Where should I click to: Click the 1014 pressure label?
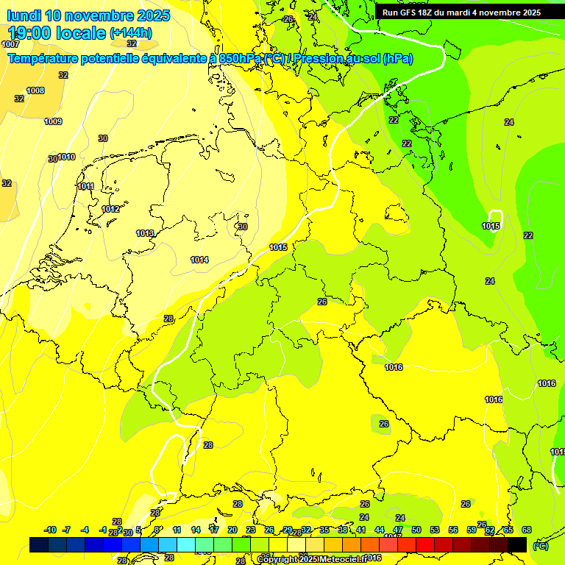coord(199,260)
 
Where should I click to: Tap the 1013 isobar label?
coord(145,233)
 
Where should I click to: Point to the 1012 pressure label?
coord(110,209)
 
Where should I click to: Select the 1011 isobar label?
coord(85,186)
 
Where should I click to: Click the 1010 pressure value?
coord(66,157)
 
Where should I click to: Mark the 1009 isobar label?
coord(53,121)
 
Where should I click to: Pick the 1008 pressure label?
coord(35,90)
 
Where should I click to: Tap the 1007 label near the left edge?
coord(10,44)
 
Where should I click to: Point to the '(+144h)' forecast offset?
coord(131,33)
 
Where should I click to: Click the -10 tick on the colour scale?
coord(50,530)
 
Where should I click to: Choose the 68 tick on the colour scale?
coord(527,530)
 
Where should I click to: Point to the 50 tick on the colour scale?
coord(416,530)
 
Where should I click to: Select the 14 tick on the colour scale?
coord(196,530)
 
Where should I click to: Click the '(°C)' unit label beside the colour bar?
coord(541,545)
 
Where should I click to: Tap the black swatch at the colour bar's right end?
coord(517,544)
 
